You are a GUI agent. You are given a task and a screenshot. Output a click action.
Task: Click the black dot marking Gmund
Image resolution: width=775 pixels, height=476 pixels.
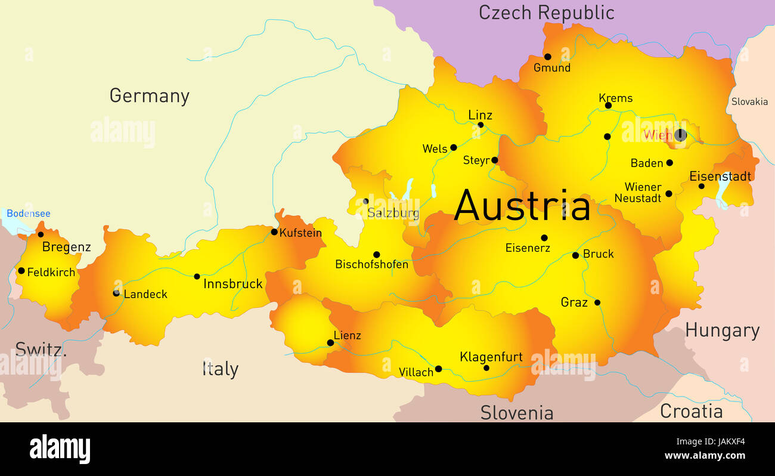[547, 57]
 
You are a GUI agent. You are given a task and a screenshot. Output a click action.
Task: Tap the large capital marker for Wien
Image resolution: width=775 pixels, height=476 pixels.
[680, 135]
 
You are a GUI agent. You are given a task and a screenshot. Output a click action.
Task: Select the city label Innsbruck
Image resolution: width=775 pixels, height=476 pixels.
[232, 284]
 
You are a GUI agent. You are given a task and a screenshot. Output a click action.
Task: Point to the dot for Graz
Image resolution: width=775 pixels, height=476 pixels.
[597, 302]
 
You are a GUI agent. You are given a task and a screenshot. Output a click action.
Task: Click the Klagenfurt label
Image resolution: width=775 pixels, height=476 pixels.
[491, 357]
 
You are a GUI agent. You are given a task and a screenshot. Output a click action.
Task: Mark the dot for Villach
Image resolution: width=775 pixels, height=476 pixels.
[438, 369]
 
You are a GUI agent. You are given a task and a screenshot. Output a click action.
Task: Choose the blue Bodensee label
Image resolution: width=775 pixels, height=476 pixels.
[29, 214]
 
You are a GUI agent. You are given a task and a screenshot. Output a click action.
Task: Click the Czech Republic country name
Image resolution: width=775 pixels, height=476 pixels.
[546, 12]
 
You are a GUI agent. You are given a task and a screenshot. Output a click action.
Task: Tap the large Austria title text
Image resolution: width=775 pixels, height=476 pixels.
[522, 206]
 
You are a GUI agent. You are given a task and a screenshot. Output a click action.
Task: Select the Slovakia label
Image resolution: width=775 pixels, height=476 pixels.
[749, 101]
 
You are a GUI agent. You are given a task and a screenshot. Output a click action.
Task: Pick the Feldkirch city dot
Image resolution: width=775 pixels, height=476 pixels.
[21, 271]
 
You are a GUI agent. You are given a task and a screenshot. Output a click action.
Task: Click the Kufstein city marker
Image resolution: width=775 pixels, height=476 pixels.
[274, 232]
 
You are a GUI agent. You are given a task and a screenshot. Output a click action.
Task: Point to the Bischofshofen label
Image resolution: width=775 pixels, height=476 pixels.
[371, 264]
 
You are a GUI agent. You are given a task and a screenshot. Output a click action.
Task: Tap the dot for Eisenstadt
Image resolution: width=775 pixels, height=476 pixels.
[701, 186]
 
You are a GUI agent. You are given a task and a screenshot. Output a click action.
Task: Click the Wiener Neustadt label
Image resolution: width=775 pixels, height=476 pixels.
[638, 193]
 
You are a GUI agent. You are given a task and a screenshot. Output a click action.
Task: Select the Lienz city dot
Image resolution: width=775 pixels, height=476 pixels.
[330, 343]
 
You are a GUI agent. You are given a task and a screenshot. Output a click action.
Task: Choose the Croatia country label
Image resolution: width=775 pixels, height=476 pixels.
[691, 411]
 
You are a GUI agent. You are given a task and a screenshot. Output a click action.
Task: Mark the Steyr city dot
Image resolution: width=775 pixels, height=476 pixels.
[494, 160]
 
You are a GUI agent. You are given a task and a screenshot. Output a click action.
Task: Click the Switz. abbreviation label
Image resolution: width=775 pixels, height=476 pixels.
[41, 349]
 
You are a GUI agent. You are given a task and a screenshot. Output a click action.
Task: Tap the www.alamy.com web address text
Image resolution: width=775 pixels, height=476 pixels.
[704, 456]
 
